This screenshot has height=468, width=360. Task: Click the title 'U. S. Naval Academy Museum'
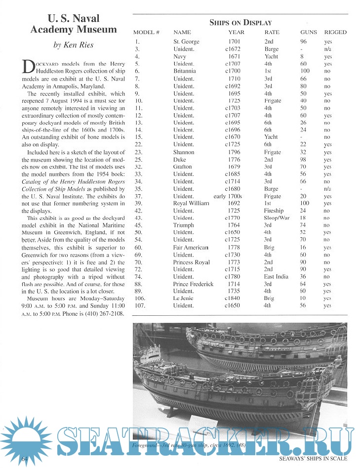[73, 24]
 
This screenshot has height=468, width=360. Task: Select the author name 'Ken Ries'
[73, 45]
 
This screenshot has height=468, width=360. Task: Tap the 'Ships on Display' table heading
[240, 22]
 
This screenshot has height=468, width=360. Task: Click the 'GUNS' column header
[309, 32]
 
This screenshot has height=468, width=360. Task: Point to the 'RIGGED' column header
[335, 32]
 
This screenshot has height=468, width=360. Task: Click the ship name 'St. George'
[187, 42]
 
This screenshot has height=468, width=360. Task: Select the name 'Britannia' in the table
[185, 71]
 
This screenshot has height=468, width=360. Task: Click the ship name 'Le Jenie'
[184, 298]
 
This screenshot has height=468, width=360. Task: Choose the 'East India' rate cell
[276, 277]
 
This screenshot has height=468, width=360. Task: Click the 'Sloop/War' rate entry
[278, 218]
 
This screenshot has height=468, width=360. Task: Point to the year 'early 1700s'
[227, 196]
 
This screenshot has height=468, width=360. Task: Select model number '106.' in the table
[140, 298]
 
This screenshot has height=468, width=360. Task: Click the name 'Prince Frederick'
[193, 284]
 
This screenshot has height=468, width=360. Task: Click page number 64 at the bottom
[25, 459]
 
